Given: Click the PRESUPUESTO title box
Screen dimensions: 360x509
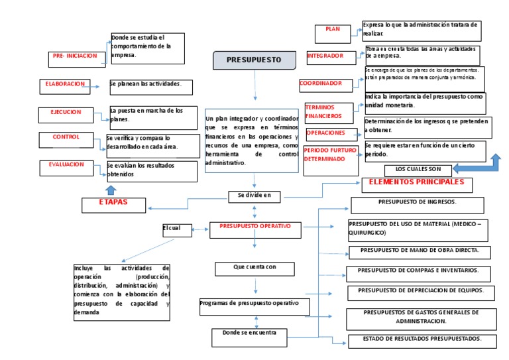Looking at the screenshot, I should [254, 60].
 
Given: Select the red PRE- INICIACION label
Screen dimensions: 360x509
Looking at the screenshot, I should [75, 57].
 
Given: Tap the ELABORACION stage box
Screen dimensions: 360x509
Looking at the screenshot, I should [65, 85].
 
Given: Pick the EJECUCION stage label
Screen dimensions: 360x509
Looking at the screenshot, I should [66, 113].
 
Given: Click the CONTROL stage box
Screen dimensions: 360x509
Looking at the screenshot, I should [66, 137].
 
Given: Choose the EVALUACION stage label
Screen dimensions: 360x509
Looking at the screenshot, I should [66, 164].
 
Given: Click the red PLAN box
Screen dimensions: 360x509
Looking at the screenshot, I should [333, 30].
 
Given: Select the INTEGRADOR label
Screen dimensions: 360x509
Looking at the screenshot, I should [325, 56].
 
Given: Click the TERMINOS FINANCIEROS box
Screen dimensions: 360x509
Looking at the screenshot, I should [331, 111].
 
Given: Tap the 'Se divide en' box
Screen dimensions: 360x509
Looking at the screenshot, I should [254, 196].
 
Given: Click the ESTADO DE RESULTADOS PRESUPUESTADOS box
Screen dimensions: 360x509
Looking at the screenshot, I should [422, 339].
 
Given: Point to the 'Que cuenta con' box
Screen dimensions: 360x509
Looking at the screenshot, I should [254, 268].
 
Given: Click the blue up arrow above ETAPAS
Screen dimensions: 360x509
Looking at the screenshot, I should [111, 190].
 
